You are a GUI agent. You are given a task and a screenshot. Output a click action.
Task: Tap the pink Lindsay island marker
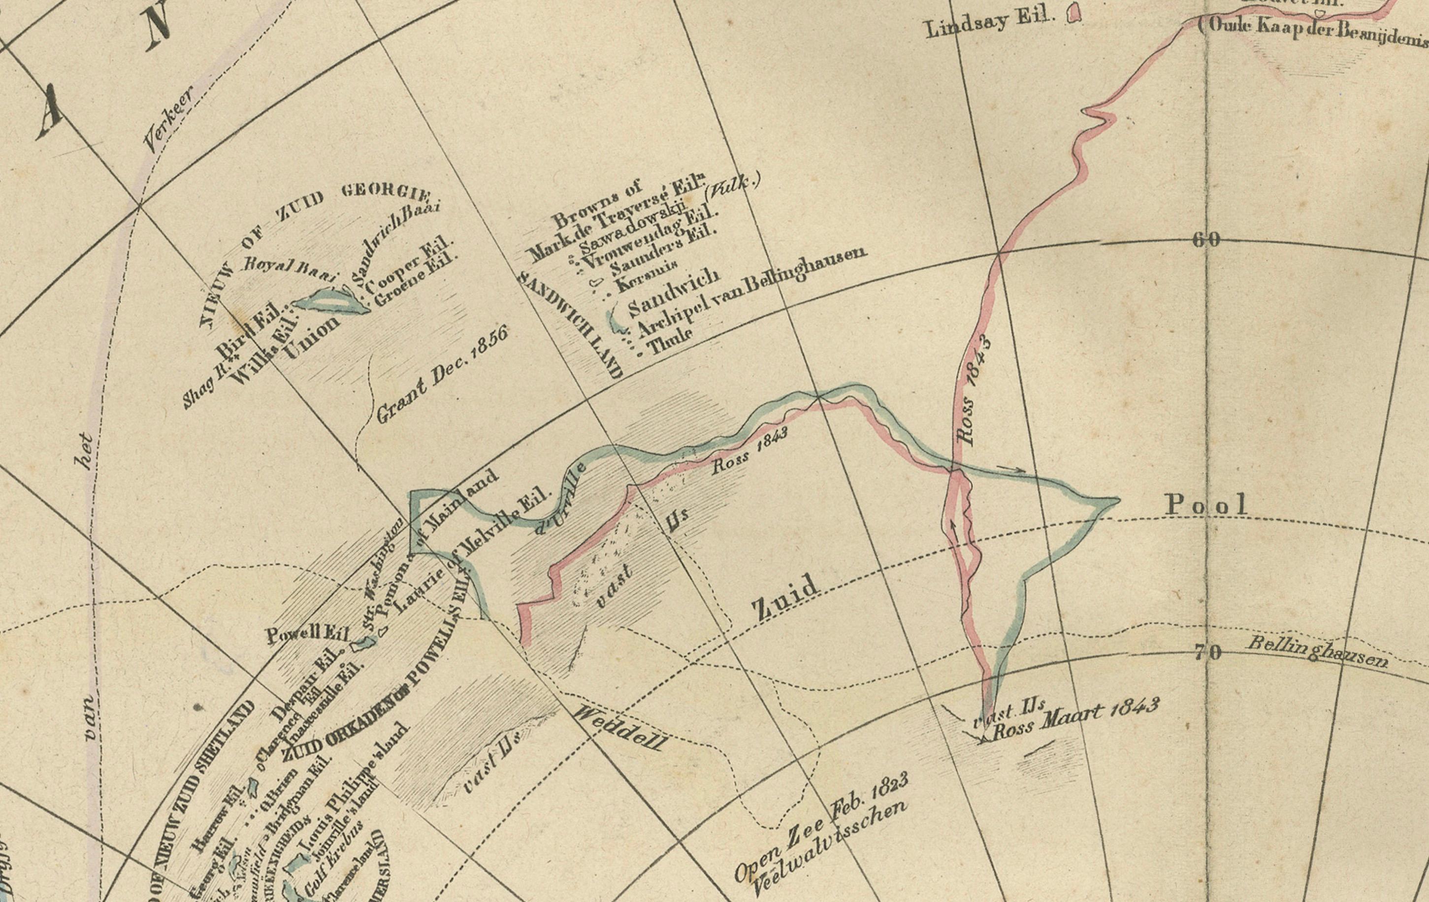(x=1073, y=13)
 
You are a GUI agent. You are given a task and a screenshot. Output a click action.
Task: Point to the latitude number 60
(x=1206, y=240)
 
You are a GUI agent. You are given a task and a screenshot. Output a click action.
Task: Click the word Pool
(x=1206, y=505)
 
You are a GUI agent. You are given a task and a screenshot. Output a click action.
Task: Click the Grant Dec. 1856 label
(x=442, y=376)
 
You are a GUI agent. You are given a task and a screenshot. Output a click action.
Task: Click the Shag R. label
(x=202, y=385)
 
